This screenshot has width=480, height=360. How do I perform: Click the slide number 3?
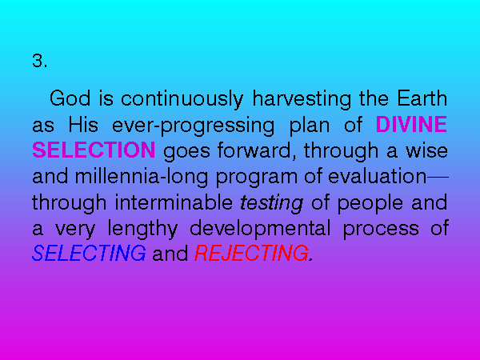click(39, 61)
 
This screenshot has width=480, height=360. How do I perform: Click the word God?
click(70, 98)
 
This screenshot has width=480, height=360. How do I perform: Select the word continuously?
click(182, 99)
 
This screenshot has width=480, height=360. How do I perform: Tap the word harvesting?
click(302, 99)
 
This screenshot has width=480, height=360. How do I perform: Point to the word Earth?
click(422, 98)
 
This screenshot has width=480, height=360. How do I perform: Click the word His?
click(83, 124)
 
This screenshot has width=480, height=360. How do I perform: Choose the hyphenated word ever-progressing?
click(193, 126)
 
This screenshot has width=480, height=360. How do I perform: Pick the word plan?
click(310, 126)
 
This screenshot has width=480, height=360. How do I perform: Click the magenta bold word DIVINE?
click(411, 124)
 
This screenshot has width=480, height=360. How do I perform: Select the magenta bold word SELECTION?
click(94, 150)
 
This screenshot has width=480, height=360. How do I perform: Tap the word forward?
click(257, 150)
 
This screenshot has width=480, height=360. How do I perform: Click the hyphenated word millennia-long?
click(142, 178)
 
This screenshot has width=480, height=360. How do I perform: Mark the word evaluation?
click(377, 176)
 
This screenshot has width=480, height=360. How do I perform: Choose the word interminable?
click(174, 202)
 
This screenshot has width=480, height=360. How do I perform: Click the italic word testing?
click(272, 204)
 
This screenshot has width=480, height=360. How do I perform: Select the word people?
click(370, 204)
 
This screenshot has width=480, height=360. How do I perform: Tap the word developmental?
click(260, 230)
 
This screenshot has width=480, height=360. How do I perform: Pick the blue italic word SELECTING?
click(89, 253)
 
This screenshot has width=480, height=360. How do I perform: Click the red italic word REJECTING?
click(252, 253)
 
